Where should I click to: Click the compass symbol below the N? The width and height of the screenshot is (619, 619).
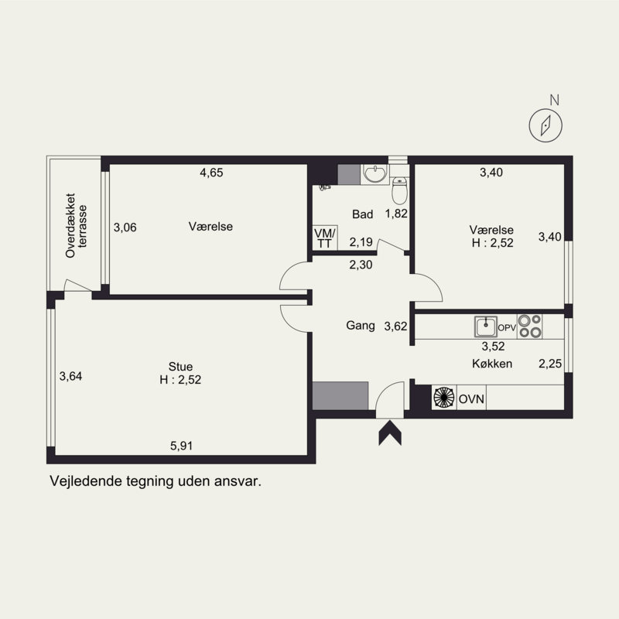[545, 125]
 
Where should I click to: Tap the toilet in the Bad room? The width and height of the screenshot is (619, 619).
[400, 190]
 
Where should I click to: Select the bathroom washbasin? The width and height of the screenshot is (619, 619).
[374, 174]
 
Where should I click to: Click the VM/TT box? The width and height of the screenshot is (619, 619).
[325, 238]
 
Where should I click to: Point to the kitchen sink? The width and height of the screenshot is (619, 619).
[486, 327]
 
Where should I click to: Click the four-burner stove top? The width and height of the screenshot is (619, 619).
[529, 327]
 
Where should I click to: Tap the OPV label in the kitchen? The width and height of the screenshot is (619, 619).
[507, 327]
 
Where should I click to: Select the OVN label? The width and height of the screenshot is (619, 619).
[471, 398]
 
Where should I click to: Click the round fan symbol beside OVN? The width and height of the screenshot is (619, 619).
[443, 397]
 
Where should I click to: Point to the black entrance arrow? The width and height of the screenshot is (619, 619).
[390, 433]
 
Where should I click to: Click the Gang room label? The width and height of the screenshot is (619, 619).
[361, 326]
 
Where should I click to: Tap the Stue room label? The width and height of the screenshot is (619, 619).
[180, 366]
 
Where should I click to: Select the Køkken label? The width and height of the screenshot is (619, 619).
[492, 364]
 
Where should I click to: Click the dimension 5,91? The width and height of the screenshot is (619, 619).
[182, 446]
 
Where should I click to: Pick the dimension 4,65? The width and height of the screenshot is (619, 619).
[211, 173]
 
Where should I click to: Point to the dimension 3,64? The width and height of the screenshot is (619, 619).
[70, 376]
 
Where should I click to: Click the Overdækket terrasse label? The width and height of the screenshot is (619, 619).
[76, 226]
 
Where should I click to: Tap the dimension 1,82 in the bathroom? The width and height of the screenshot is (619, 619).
[396, 214]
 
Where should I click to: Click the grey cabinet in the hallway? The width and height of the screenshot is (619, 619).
[340, 396]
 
